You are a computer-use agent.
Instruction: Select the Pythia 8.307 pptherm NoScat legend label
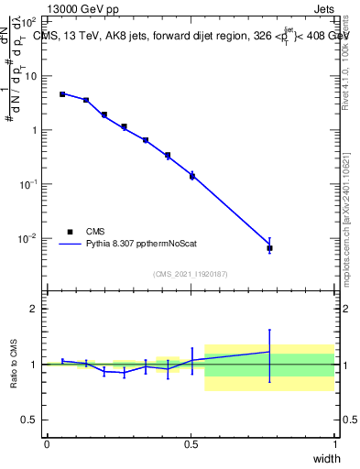(146, 245)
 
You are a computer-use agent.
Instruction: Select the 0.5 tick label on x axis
(191, 444)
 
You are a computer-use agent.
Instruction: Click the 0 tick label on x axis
(47, 444)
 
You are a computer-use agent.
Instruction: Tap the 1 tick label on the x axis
(334, 444)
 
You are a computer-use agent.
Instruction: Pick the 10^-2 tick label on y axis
(28, 239)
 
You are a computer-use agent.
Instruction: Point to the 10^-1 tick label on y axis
(28, 184)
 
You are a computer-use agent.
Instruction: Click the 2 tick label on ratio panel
(34, 309)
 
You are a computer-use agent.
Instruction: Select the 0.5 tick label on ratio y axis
(29, 420)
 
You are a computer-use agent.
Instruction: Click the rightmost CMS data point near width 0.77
(269, 248)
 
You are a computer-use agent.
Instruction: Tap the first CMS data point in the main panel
(62, 94)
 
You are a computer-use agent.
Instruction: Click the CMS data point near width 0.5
(192, 176)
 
